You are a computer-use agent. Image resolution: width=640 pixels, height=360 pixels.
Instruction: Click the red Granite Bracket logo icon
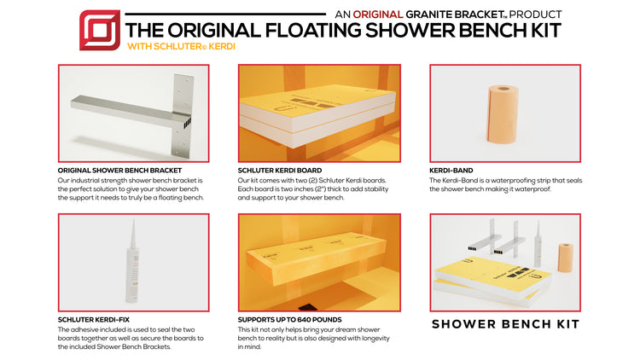click(x=99, y=30)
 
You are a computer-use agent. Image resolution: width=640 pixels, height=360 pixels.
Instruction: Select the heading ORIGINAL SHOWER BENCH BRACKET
click(x=119, y=171)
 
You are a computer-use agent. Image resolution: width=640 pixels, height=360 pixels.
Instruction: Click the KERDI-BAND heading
click(x=451, y=171)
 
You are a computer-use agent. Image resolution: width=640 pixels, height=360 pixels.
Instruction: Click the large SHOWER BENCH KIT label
click(x=505, y=324)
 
